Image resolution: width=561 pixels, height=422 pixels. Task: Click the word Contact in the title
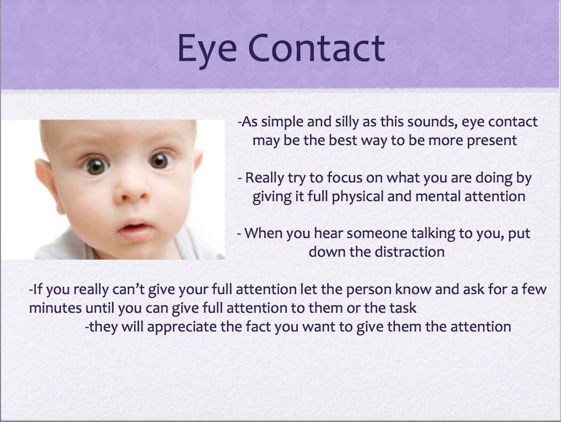pos(316,48)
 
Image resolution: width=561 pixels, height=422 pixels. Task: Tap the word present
pos(492,141)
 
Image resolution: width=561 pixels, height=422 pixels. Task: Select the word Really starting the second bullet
pos(264,179)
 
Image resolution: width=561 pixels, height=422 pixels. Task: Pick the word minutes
pos(55,308)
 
